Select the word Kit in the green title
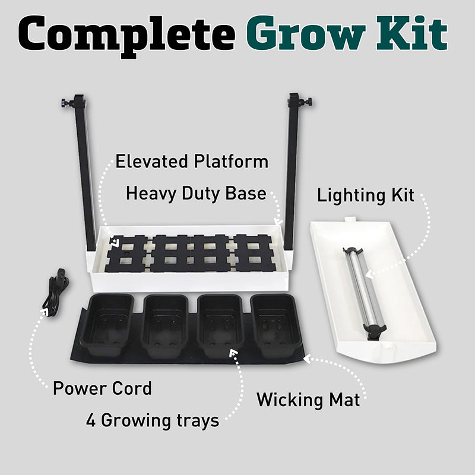tap(412, 33)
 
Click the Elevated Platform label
tap(192, 161)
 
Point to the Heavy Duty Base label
tap(196, 194)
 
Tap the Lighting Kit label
tap(365, 196)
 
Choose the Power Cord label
tap(102, 388)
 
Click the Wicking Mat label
tap(308, 400)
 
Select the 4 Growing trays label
tap(153, 421)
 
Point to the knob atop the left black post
tap(65, 103)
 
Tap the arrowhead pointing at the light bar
tap(369, 274)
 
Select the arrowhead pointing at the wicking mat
tap(307, 359)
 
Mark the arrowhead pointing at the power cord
tap(46, 312)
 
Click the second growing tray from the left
tap(165, 325)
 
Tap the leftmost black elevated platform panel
tap(127, 254)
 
